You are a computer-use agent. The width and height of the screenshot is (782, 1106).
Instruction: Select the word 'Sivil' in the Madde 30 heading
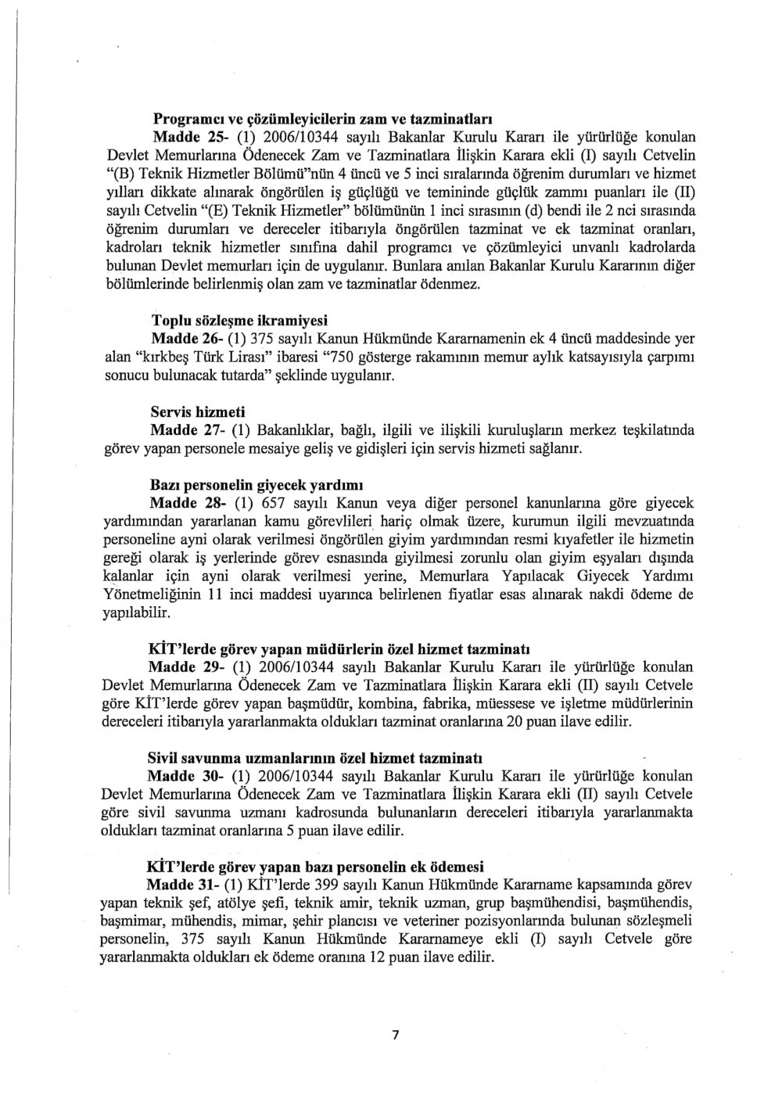[163, 759]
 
